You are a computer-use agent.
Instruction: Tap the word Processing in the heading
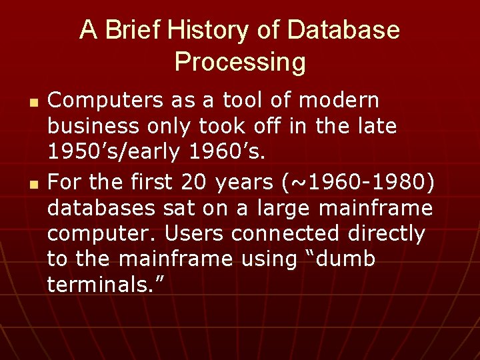240,62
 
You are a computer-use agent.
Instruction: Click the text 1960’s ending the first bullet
227,153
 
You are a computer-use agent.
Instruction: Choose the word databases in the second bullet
101,207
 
